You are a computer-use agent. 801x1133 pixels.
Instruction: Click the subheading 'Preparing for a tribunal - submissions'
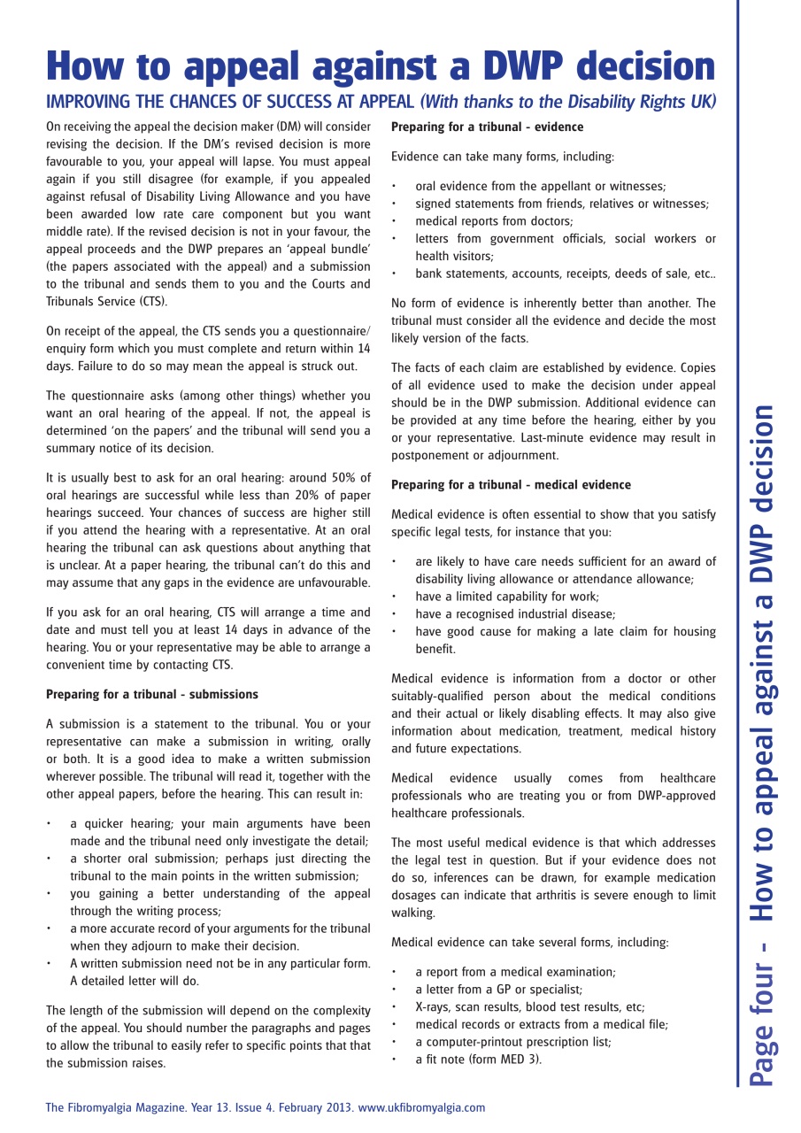tap(152, 693)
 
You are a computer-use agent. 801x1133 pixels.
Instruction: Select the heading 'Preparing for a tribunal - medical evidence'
tap(511, 485)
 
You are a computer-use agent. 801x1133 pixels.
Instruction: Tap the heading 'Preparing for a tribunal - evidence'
tap(487, 127)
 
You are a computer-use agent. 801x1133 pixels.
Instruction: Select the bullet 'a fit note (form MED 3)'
tap(478, 1059)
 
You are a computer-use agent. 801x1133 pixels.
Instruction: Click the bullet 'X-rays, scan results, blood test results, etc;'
tap(529, 1006)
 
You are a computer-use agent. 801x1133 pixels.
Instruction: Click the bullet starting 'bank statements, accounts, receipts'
tap(566, 274)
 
